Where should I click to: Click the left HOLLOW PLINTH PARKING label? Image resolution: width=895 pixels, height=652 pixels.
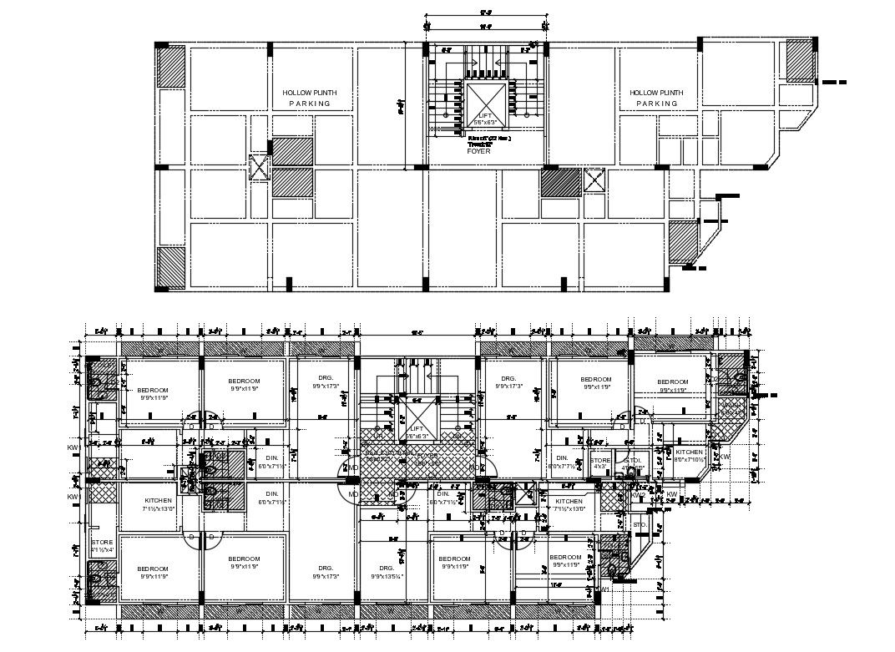[x=310, y=98]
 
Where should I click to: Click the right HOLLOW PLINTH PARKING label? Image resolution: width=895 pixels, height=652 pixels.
[x=656, y=98]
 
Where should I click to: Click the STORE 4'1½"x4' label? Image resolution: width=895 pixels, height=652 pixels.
[x=102, y=546]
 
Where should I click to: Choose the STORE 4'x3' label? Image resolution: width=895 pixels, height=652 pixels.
[x=600, y=463]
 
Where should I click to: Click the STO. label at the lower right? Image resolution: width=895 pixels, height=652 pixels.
[x=640, y=525]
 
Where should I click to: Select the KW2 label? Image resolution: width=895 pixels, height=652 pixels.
[x=638, y=496]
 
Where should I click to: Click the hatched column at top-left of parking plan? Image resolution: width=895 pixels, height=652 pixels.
[x=171, y=63]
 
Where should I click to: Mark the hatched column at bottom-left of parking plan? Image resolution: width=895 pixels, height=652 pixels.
[x=171, y=266]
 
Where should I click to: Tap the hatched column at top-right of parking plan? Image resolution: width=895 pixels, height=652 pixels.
[x=800, y=59]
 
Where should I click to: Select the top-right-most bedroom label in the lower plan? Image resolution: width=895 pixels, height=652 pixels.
[x=673, y=385]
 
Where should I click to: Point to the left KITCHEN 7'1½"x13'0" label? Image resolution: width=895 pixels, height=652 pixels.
[x=147, y=504]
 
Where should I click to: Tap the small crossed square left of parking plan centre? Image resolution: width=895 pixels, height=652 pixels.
[x=260, y=167]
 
